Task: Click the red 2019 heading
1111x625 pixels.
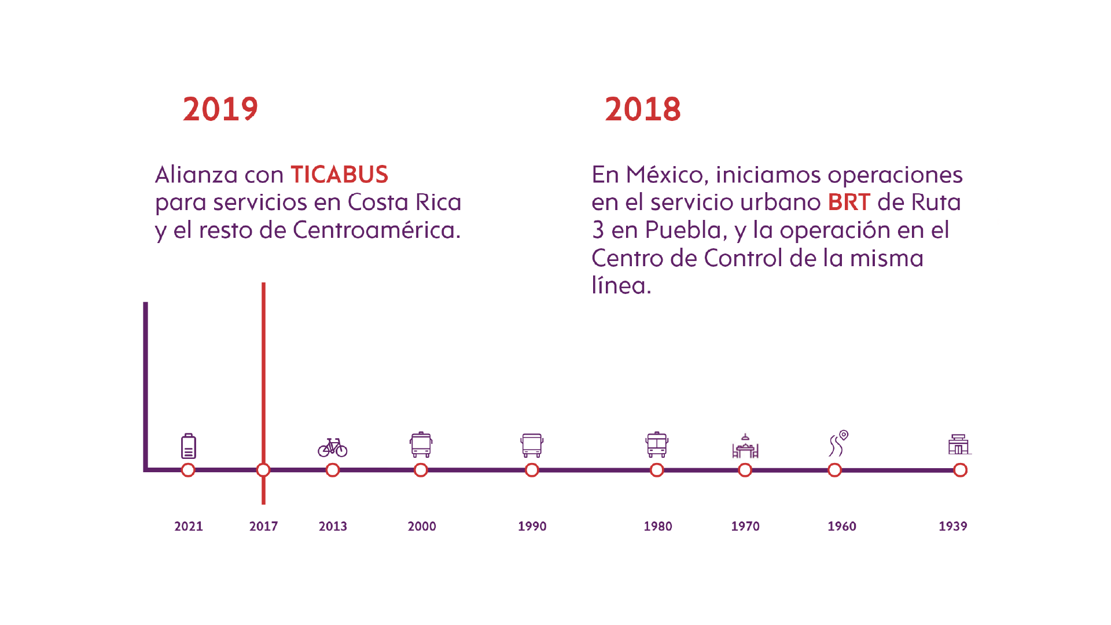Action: (x=220, y=109)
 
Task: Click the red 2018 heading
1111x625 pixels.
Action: (x=642, y=109)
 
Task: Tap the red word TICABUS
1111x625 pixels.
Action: (x=339, y=175)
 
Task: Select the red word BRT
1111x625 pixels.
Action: (x=848, y=203)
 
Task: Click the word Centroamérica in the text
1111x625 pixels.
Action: (x=376, y=230)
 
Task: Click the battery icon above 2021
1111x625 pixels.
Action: (x=189, y=446)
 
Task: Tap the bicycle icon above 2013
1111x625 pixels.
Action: (x=333, y=447)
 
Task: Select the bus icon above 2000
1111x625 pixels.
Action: (x=421, y=445)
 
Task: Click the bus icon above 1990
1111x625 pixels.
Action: (x=532, y=446)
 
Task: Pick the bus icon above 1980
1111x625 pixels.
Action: (x=657, y=445)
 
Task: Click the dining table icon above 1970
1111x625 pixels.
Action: (x=745, y=447)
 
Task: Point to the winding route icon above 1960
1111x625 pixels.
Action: (x=838, y=444)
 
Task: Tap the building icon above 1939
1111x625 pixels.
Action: (x=959, y=444)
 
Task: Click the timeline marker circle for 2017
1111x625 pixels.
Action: (x=263, y=470)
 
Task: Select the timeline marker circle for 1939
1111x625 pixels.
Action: (x=961, y=470)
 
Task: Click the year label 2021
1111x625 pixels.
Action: (x=189, y=527)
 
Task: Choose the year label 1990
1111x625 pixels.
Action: (x=532, y=527)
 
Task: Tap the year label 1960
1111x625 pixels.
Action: (x=841, y=527)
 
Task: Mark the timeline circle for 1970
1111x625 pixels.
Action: (x=745, y=470)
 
